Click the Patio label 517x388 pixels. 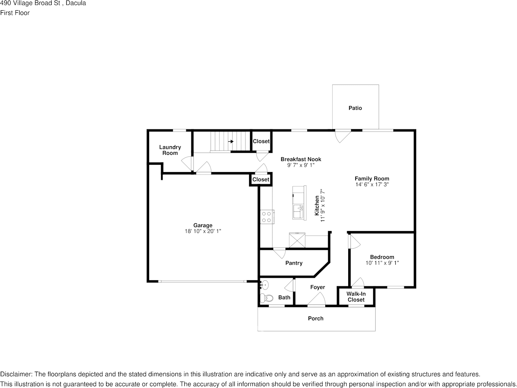tap(355, 108)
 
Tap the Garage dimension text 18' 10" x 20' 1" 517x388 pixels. tap(203, 231)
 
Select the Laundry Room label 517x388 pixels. tap(170, 150)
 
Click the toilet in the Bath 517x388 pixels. tap(266, 298)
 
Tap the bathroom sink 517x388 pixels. tap(264, 284)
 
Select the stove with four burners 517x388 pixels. tap(267, 216)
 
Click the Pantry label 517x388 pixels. tap(294, 263)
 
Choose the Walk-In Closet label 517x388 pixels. tap(356, 297)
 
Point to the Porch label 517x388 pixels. tap(315, 318)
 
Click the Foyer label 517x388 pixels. tap(317, 287)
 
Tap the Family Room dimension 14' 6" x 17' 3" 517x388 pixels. tap(372, 184)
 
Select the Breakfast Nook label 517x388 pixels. tap(301, 159)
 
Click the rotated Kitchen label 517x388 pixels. tap(317, 206)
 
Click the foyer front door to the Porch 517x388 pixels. tap(316, 300)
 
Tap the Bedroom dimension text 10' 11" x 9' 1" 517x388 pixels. tap(382, 263)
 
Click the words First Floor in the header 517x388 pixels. tap(15, 13)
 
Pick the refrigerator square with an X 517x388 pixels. tap(297, 240)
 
